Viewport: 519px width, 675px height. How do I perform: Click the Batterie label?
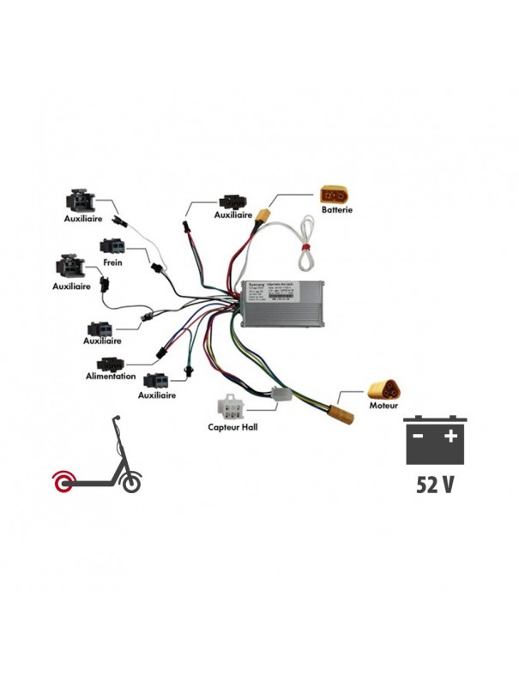336,208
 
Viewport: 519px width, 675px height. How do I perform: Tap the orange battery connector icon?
335,193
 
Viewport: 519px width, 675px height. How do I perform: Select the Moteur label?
383,404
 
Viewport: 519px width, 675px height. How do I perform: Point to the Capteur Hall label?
232,426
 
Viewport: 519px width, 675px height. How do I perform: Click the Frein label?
112,262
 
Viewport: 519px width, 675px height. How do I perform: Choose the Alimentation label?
111,376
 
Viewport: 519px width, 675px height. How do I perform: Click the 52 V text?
435,484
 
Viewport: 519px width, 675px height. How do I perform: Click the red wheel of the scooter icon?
64,483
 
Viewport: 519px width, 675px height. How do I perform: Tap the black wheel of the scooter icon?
131,484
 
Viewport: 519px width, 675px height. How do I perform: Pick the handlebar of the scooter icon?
115,418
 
